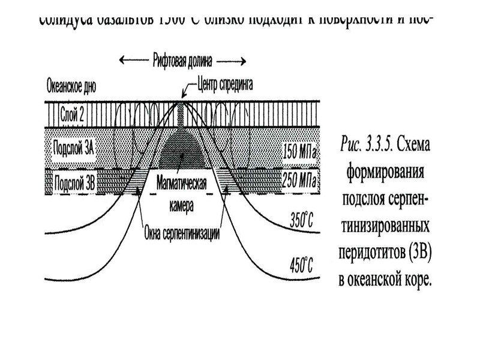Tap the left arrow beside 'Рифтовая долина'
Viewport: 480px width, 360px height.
[x=133, y=60]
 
